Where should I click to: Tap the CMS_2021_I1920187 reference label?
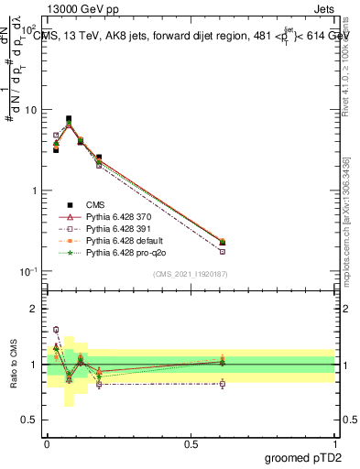click(191, 273)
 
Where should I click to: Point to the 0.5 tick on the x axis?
click(191, 444)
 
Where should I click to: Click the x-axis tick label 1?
click(335, 444)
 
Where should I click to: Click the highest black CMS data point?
click(69, 118)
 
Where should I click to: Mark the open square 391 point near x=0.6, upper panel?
click(223, 251)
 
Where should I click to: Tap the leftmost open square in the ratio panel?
click(56, 330)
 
